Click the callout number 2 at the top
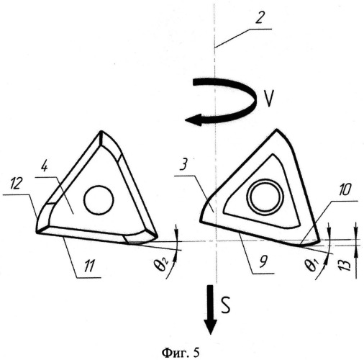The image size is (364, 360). [x=259, y=17]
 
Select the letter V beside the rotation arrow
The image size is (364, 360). [x=268, y=99]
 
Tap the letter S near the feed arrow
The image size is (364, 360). [x=225, y=305]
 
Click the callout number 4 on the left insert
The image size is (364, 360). [x=44, y=166]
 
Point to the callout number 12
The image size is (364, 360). [x=16, y=184]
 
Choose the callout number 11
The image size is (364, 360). [x=88, y=266]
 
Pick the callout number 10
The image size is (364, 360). [x=344, y=190]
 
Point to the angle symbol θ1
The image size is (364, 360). [x=314, y=264]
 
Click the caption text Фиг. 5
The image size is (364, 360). [x=181, y=353]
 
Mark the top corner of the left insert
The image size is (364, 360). [x=101, y=132]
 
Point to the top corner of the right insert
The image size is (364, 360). [x=277, y=130]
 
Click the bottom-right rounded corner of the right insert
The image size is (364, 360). [x=315, y=242]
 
